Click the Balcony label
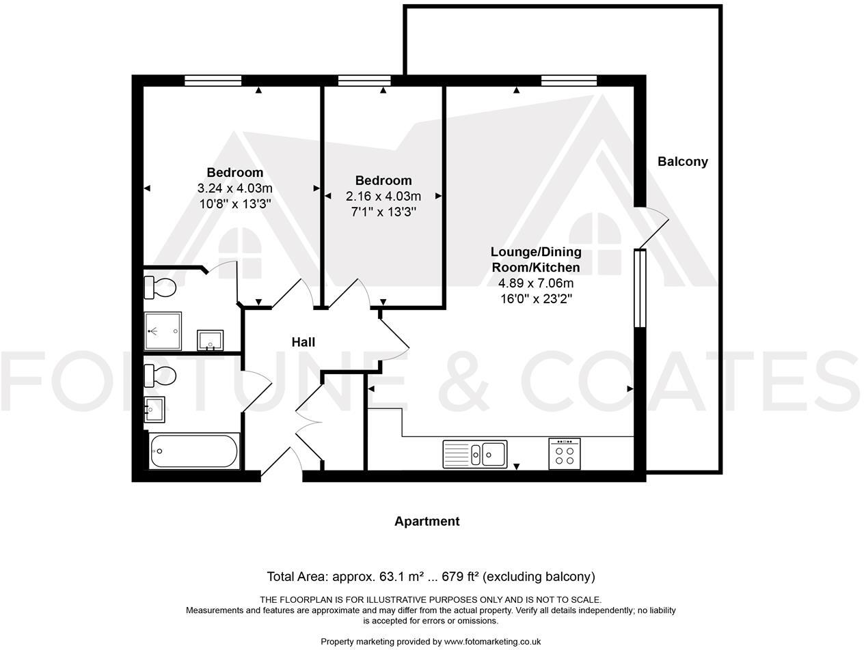pos(682,162)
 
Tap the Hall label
pos(303,342)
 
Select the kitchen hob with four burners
pos(565,454)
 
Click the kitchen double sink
pos(475,454)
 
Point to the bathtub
pos(194,451)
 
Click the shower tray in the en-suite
pos(163,331)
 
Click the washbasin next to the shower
pos(210,339)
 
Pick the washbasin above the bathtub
pos(154,410)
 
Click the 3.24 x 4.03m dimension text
pos(235,188)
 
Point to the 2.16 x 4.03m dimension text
pos(383,197)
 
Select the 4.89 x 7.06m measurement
pos(536,283)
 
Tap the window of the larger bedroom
pos(213,81)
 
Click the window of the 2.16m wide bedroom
pos(364,81)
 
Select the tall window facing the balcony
pos(640,289)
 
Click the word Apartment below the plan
pos(427,522)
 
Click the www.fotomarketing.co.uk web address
pos(492,642)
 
